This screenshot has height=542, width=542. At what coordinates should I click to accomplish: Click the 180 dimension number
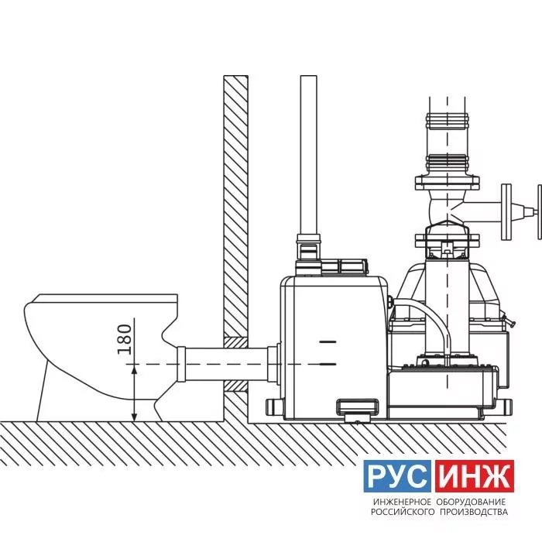(x=125, y=339)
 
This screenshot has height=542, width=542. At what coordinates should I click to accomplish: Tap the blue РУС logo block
(x=396, y=476)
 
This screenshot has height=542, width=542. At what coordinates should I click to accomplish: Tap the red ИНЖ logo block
(x=475, y=476)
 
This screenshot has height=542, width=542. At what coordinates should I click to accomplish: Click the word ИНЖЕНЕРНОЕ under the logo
(x=403, y=502)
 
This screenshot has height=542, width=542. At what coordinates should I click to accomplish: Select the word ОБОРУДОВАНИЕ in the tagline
(x=472, y=502)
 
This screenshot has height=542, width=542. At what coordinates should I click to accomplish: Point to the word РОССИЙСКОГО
(x=403, y=512)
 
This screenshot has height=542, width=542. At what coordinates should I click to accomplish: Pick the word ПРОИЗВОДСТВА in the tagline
(x=474, y=512)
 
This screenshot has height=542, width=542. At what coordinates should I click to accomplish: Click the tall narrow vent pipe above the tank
(x=309, y=155)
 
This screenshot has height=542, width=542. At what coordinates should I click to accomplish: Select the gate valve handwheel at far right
(x=539, y=211)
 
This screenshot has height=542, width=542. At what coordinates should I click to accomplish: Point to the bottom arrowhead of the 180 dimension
(x=135, y=417)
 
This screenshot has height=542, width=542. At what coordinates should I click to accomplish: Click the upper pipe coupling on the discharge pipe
(x=448, y=122)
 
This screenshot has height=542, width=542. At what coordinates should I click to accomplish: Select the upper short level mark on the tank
(x=328, y=342)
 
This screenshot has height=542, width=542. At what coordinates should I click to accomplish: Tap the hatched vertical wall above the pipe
(x=235, y=205)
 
